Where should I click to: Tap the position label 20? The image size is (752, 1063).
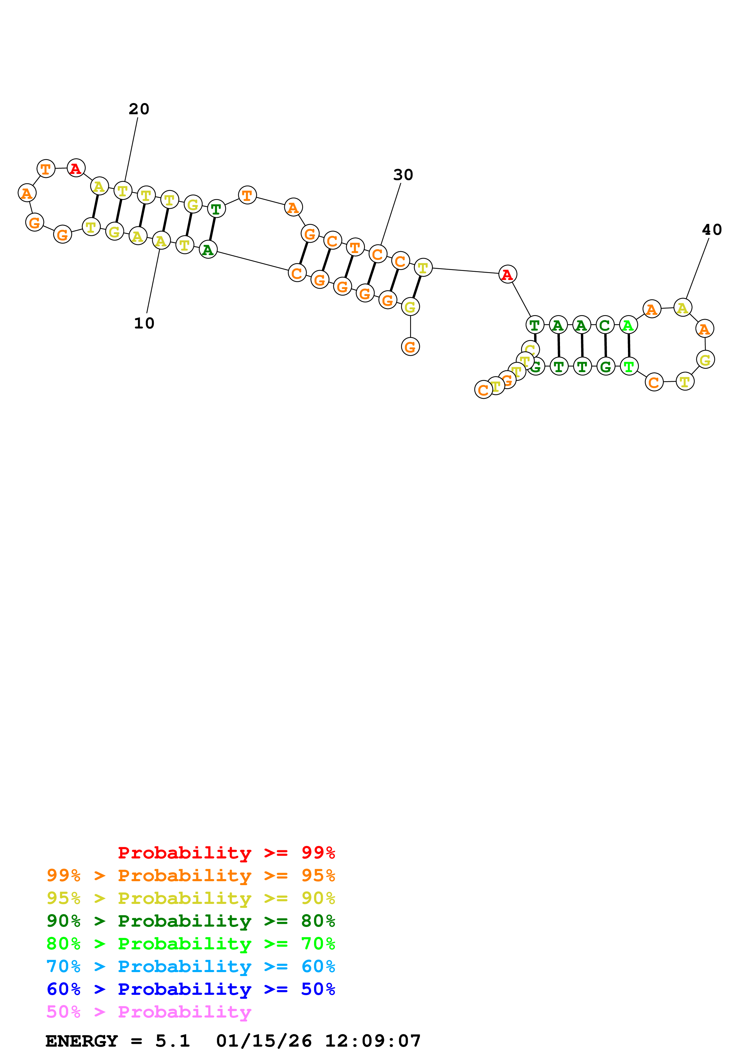tap(139, 109)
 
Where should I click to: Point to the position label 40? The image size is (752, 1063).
tap(711, 230)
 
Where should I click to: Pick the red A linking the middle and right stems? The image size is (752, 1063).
tap(508, 275)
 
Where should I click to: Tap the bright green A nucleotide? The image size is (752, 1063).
tap(628, 325)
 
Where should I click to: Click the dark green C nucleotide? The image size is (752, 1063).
tap(605, 325)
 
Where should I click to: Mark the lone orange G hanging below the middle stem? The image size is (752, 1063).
tap(410, 347)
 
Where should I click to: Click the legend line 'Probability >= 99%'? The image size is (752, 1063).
tap(226, 853)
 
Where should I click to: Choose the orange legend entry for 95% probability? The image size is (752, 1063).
tap(191, 875)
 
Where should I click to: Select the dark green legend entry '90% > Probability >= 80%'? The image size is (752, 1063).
tap(191, 921)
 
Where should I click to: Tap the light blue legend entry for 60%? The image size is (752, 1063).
tap(191, 966)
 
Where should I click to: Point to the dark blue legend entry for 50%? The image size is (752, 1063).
tap(191, 989)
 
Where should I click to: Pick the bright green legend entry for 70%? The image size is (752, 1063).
tap(191, 944)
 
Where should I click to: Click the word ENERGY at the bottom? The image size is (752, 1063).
tap(82, 1041)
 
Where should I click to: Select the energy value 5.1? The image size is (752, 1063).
tap(172, 1041)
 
